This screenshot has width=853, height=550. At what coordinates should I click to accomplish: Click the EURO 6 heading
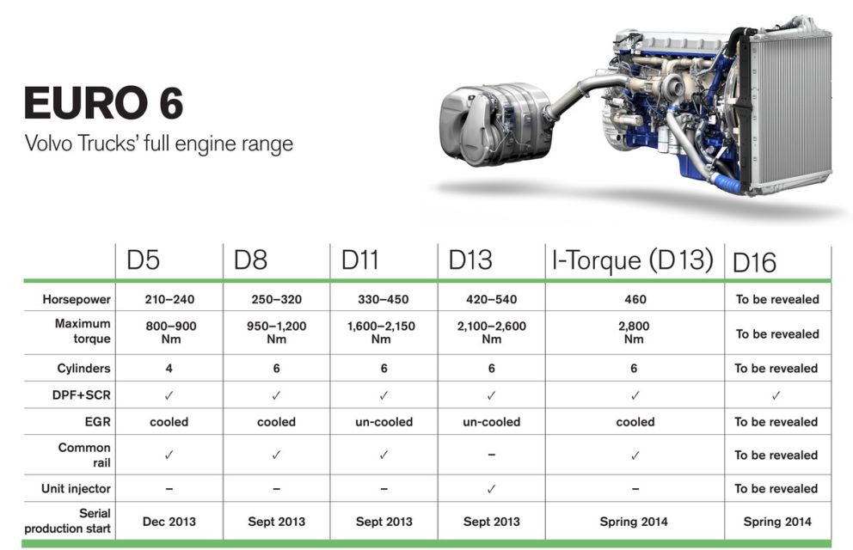[x=103, y=102]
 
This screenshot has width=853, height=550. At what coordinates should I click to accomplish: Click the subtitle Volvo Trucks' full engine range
[x=159, y=144]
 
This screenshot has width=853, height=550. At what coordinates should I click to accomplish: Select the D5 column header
[x=143, y=260]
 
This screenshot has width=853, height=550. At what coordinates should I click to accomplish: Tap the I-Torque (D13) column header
[x=632, y=260]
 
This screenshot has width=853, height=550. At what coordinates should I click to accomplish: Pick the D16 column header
[x=754, y=263]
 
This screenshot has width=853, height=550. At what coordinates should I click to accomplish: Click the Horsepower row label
[x=77, y=299]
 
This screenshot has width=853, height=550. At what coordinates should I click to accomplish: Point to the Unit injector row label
[x=77, y=489]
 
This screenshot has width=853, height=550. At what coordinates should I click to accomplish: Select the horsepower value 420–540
[x=491, y=299]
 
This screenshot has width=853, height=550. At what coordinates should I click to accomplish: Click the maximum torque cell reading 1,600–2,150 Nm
[x=381, y=333]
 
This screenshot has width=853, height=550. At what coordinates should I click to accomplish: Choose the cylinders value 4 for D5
[x=169, y=369]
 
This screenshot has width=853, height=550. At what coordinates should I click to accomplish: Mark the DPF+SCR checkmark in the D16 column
[x=776, y=395]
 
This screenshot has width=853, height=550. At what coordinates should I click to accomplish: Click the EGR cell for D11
[x=384, y=422]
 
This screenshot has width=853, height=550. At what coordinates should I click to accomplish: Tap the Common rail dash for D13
[x=491, y=455]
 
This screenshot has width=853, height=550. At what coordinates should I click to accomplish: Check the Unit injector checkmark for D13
[x=491, y=489]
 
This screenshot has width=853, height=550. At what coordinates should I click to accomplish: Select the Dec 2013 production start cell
[x=169, y=522]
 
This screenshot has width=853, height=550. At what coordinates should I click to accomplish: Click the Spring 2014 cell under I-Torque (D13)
[x=634, y=522]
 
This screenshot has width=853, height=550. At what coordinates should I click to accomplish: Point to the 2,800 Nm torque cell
[x=634, y=333]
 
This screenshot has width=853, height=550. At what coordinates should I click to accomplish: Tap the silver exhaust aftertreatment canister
[x=495, y=124]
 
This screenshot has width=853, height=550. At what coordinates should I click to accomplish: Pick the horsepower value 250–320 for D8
[x=276, y=299]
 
